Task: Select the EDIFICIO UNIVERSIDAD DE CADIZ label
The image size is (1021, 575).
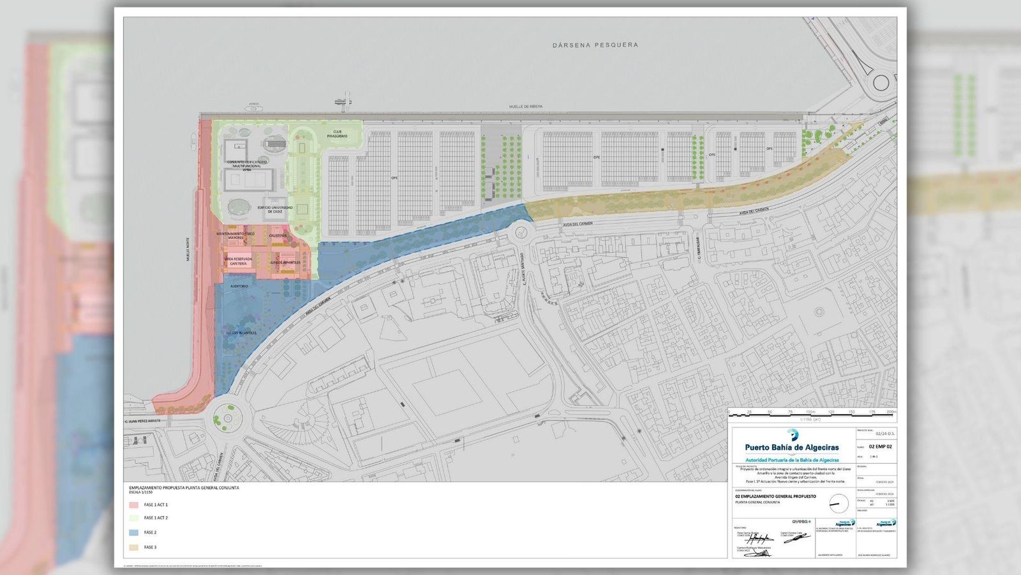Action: (274, 209)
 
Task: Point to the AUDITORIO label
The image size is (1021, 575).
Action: (239, 286)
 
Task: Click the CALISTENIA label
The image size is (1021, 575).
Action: (278, 236)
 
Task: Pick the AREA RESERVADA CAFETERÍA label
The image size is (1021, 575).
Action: (238, 261)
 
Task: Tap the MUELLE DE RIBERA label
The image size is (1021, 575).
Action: (526, 107)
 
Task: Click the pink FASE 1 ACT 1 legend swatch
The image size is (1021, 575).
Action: (134, 505)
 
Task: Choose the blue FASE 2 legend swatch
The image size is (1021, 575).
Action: (134, 532)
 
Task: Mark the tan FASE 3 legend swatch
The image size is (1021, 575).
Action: (134, 548)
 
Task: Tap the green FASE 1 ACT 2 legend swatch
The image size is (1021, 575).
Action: (134, 518)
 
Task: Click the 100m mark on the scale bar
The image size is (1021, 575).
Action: (810, 412)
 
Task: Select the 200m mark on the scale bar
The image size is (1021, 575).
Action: (891, 412)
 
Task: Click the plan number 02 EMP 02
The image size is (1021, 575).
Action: (880, 447)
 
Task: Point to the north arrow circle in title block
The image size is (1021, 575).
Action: (838, 503)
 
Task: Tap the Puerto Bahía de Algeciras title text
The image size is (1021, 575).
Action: (792, 448)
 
